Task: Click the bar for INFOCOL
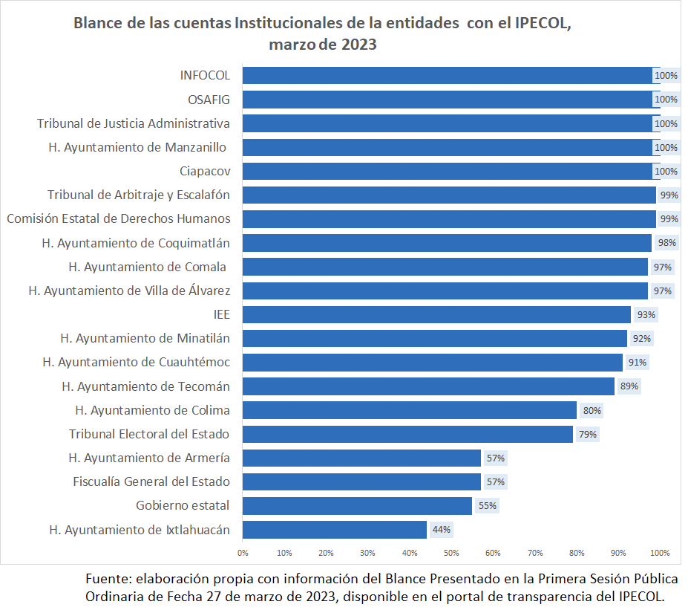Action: click(445, 76)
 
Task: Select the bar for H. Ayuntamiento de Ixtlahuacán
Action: click(334, 530)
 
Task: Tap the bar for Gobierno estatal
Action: click(356, 506)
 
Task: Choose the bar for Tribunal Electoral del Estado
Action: click(407, 434)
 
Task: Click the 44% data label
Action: click(442, 530)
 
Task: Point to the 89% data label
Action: click(629, 386)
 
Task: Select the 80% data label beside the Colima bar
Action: click(592, 410)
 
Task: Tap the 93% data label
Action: click(646, 314)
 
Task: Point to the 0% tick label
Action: click(243, 553)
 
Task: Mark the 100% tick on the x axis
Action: click(660, 553)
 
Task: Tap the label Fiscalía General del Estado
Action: click(151, 481)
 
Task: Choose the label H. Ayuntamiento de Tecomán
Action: click(145, 386)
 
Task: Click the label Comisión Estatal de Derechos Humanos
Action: click(119, 218)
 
